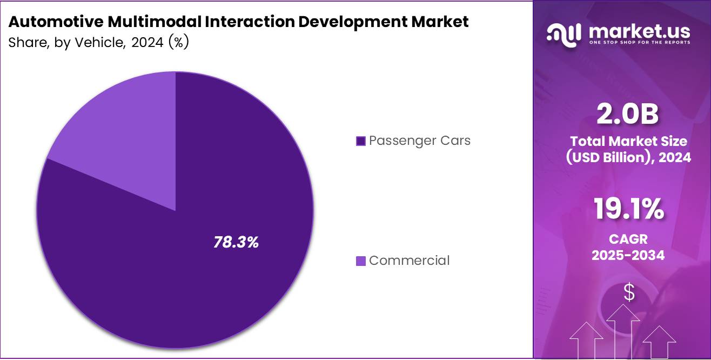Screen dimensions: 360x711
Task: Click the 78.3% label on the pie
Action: (x=236, y=243)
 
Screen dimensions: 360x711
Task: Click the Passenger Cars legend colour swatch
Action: (x=361, y=141)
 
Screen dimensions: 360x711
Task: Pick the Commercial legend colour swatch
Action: (x=361, y=261)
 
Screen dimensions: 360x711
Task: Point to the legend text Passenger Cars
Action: (x=420, y=141)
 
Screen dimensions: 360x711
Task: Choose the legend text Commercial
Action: (x=409, y=261)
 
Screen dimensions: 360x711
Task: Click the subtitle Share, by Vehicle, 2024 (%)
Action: (x=98, y=43)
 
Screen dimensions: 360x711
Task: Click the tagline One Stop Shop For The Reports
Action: (x=639, y=42)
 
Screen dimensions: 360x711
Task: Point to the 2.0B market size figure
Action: (x=628, y=114)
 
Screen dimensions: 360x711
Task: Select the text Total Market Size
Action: (x=628, y=142)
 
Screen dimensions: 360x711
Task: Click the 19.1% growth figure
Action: (x=628, y=209)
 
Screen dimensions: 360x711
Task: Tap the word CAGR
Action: (x=628, y=238)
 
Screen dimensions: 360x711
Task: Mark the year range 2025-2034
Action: (x=628, y=255)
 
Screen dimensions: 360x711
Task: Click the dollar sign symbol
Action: (x=629, y=292)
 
